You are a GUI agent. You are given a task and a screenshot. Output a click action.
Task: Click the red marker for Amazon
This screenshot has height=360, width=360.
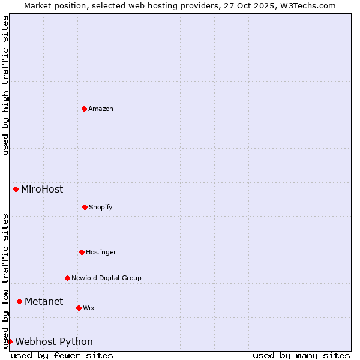[84, 109]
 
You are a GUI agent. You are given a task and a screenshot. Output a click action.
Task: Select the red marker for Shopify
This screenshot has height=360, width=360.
[85, 207]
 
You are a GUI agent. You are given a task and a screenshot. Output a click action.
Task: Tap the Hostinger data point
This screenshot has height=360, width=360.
[82, 252]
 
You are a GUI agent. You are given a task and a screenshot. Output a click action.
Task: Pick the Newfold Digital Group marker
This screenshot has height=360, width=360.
[67, 278]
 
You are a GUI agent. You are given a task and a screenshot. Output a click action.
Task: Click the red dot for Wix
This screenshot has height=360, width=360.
[79, 308]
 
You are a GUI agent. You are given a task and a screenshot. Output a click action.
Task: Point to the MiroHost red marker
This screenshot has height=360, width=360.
[16, 189]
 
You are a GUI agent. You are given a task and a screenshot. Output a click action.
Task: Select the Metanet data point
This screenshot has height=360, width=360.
[19, 301]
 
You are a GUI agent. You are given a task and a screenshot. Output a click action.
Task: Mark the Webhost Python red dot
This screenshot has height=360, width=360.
[10, 341]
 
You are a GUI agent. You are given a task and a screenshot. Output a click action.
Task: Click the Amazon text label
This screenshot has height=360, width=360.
[101, 109]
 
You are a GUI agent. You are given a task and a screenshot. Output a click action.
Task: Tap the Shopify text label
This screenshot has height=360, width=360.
[101, 207]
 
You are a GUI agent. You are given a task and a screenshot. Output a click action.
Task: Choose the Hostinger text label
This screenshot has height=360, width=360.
[101, 252]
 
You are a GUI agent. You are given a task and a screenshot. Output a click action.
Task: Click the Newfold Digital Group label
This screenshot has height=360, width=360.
[106, 278]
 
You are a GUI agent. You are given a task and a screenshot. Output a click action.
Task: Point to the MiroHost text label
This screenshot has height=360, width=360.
[42, 189]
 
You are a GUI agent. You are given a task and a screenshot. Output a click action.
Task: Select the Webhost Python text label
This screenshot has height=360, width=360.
[54, 341]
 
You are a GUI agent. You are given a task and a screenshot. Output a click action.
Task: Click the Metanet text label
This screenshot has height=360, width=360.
[44, 301]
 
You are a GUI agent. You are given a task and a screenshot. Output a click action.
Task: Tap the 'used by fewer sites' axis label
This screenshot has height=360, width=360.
[62, 355]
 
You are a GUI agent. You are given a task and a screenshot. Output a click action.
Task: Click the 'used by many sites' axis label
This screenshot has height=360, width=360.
[301, 355]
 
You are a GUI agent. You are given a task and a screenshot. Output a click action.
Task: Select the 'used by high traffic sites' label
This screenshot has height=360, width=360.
[5, 85]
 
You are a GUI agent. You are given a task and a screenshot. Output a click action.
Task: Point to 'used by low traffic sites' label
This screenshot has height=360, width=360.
[5, 281]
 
